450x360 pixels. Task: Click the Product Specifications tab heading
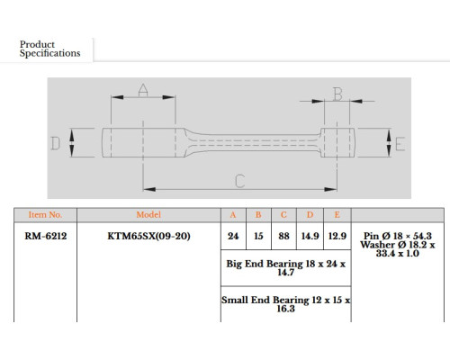[x=49, y=49]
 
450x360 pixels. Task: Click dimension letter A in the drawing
[x=143, y=90]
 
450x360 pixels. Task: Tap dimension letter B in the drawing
[x=337, y=94]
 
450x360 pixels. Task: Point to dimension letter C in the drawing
[x=240, y=181]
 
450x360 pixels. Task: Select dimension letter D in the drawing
[x=56, y=143]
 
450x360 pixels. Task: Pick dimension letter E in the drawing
[x=400, y=144]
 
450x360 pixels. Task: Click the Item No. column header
[x=45, y=215]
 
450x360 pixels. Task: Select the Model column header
[x=148, y=215]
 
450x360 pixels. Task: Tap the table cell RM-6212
[x=46, y=236]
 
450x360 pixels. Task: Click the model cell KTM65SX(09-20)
[x=148, y=236]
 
